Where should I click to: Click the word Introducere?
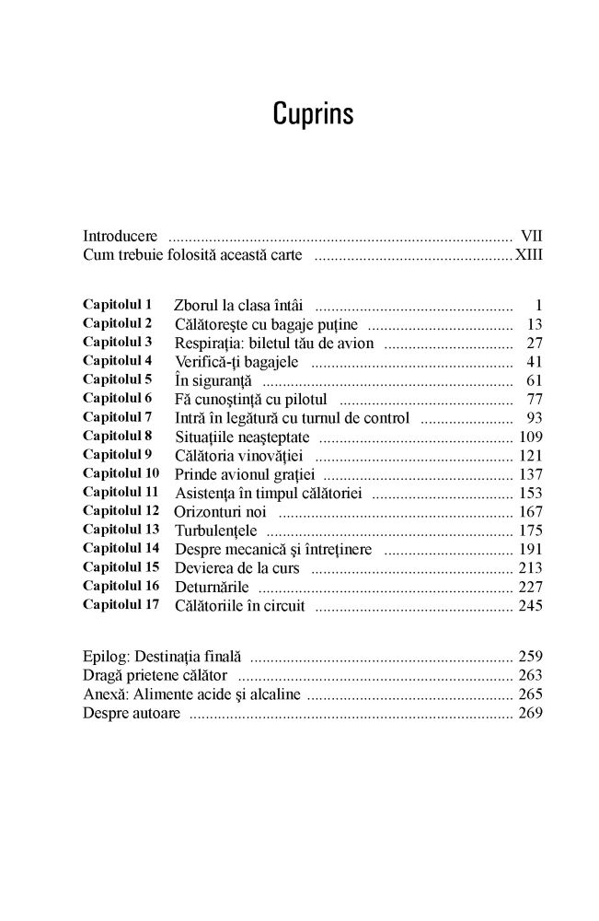(119, 235)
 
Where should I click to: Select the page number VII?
(531, 235)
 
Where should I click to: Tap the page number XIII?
(528, 255)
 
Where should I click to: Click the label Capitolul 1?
(118, 303)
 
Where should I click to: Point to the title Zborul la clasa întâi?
(240, 305)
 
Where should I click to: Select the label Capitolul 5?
(118, 379)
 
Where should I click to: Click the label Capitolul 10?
(121, 472)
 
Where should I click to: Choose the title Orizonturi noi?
(219, 510)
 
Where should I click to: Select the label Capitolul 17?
(121, 604)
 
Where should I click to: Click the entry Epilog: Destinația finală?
(162, 657)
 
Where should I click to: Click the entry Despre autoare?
(131, 713)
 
